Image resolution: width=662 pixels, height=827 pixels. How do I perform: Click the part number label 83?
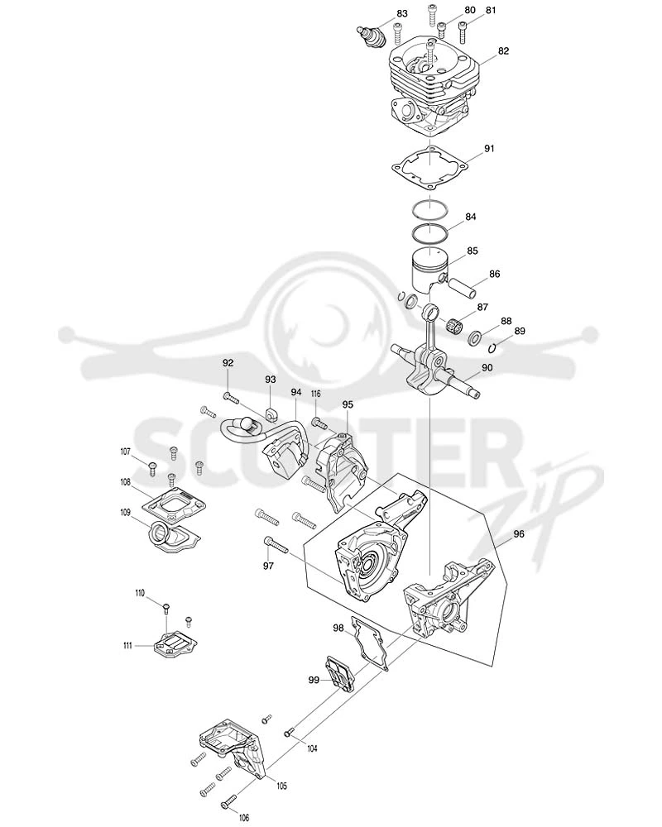click(402, 14)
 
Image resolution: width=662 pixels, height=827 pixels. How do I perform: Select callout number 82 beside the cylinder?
click(503, 50)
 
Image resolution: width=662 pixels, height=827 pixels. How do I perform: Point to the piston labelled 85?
click(429, 273)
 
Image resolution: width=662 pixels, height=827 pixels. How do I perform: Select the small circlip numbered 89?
click(492, 348)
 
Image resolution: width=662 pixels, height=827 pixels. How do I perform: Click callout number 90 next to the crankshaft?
click(487, 367)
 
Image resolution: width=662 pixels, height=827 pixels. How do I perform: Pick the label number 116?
click(315, 394)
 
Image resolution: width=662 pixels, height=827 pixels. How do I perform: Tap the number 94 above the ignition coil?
click(295, 392)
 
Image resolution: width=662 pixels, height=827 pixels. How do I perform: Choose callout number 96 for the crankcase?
click(519, 533)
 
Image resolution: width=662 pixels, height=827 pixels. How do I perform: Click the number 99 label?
click(314, 680)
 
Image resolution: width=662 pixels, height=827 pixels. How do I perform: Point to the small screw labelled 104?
click(289, 732)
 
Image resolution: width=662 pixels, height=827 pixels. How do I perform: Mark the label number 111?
click(127, 645)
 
